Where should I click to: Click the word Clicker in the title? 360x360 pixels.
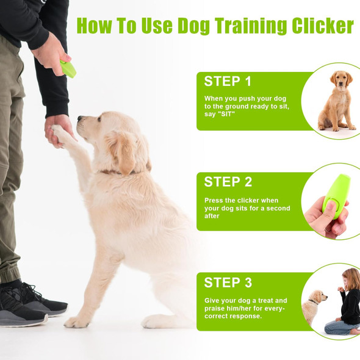pyautogui.click(x=323, y=26)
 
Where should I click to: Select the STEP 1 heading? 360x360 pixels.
pyautogui.click(x=228, y=81)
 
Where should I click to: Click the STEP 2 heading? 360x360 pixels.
pyautogui.click(x=228, y=182)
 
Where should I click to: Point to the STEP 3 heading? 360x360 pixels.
pyautogui.click(x=228, y=282)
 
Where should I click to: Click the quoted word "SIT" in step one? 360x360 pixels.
pyautogui.click(x=226, y=114)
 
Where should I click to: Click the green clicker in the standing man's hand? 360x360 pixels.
pyautogui.click(x=68, y=68)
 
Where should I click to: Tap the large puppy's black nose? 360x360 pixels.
pyautogui.click(x=80, y=118)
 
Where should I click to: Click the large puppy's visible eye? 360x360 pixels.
pyautogui.click(x=99, y=119)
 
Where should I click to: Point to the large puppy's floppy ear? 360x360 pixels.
pyautogui.click(x=120, y=152)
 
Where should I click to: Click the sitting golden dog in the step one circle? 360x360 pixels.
pyautogui.click(x=337, y=101)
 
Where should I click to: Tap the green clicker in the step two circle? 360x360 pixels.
pyautogui.click(x=336, y=193)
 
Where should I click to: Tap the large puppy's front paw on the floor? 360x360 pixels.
pyautogui.click(x=76, y=322)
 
